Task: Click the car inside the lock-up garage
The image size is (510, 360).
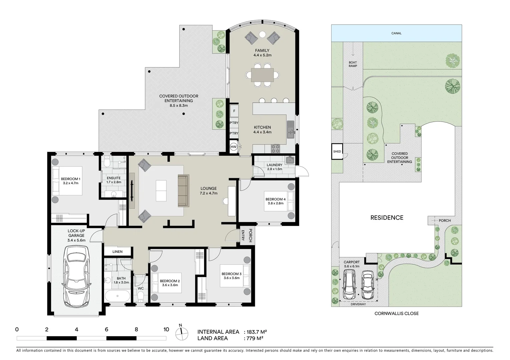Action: pos(76,276)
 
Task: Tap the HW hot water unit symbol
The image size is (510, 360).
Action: pos(233,147)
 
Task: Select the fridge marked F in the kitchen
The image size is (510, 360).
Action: pos(234,111)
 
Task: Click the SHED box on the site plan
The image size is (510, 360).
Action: pos(337,151)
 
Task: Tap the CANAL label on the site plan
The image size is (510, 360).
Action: pos(396,33)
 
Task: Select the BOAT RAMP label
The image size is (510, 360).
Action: pos(353,64)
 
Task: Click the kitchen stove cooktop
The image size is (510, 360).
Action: pos(276,149)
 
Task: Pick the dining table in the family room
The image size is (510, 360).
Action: pos(263,75)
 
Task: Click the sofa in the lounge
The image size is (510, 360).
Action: pos(183,190)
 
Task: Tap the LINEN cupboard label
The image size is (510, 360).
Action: pos(117,252)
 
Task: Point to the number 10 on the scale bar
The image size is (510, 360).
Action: pos(166,330)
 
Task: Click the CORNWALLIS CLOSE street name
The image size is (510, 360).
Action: pos(396,314)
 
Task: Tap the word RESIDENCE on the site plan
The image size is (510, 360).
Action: pos(387,218)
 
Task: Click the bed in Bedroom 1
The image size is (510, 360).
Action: pos(67,181)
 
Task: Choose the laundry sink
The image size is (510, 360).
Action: pos(290,160)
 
